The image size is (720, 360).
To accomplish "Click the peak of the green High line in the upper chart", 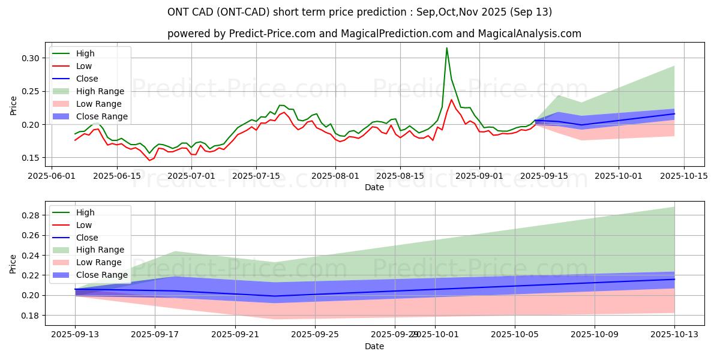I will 446,48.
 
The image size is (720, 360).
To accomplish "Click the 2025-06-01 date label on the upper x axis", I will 52,176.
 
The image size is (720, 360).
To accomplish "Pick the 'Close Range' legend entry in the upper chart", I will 101,116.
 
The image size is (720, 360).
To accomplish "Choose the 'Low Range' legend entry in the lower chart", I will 100,262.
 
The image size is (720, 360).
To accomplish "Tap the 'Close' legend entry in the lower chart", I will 88,237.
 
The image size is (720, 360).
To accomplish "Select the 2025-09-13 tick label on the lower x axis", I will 75,335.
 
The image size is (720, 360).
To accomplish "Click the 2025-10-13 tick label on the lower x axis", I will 674,335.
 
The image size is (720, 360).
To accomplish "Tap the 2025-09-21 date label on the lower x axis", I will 235,335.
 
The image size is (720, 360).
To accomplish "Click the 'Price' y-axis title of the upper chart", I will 14,105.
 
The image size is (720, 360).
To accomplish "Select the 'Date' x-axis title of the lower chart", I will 374,346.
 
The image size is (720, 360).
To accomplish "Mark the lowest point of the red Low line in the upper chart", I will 149,160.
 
